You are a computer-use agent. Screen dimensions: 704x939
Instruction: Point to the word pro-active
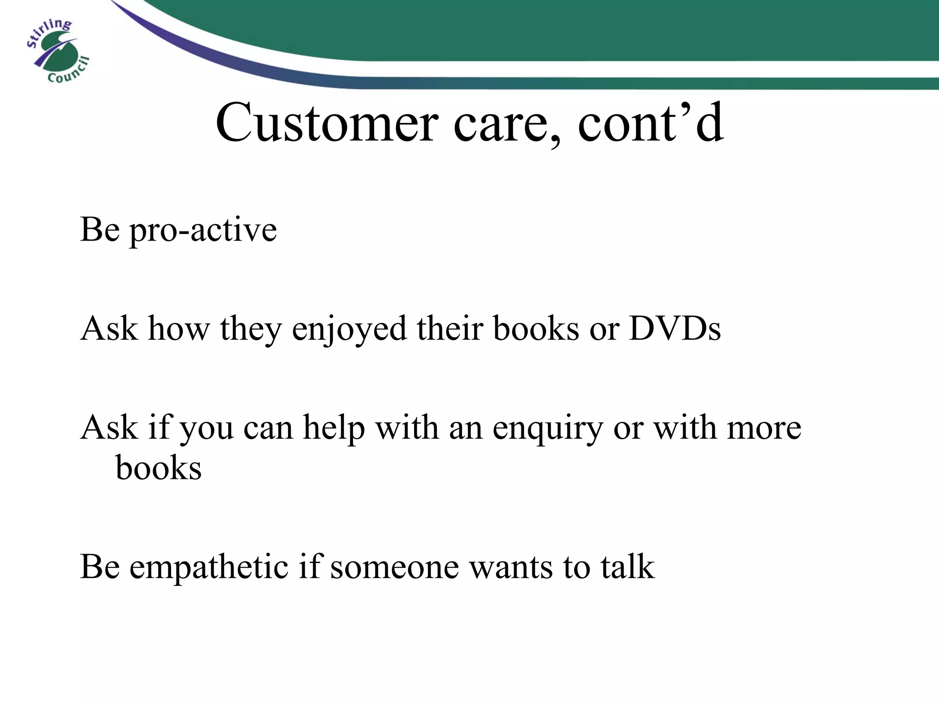pos(204,231)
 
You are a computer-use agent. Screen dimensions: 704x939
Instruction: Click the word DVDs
pos(675,329)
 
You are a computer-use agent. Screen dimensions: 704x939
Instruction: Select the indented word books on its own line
pos(159,468)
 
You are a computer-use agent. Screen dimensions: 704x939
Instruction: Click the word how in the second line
pos(179,329)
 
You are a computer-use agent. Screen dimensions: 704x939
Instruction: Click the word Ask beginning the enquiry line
pos(109,428)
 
